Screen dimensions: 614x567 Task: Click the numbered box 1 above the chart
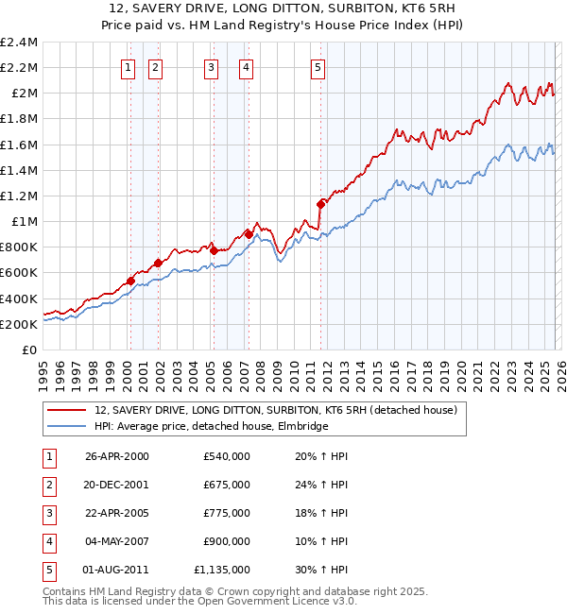pos(128,67)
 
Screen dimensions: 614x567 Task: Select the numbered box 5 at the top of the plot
pos(318,67)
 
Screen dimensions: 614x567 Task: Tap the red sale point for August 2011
pos(320,203)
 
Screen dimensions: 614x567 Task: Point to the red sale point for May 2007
pos(249,233)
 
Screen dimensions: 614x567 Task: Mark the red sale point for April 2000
pos(130,280)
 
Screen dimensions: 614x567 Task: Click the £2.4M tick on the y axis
pos(19,43)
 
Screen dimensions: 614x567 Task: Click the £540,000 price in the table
pos(227,456)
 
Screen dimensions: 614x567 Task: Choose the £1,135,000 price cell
pos(222,570)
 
